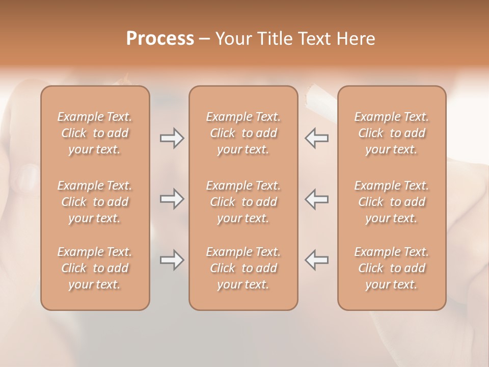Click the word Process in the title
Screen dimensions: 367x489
[160, 39]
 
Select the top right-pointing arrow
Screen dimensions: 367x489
[172, 138]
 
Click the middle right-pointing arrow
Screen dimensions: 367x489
[172, 199]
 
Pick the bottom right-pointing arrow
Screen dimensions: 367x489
[172, 260]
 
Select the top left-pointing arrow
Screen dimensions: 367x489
[316, 138]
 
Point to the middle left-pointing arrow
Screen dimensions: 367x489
[316, 199]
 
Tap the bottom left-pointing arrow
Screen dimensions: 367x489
[316, 260]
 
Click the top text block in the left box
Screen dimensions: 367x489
[95, 133]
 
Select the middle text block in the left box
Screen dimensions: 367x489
[95, 202]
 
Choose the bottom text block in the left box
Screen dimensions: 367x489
[95, 268]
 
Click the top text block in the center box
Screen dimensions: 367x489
[243, 133]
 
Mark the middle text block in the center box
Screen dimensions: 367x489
[243, 202]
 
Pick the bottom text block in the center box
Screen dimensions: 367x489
[243, 268]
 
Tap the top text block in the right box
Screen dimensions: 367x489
[391, 133]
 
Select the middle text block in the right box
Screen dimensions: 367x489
[391, 202]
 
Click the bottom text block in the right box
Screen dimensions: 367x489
[391, 268]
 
